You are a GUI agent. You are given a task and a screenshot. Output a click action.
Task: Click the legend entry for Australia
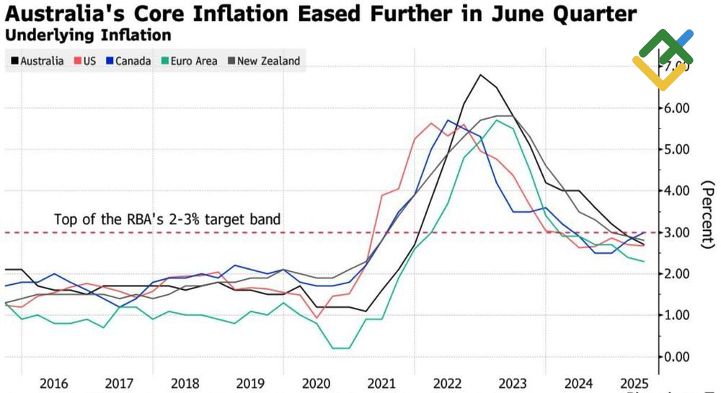click(x=37, y=61)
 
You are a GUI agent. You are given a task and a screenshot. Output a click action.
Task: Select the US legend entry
click(x=84, y=61)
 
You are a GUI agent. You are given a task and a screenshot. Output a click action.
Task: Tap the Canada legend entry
click(x=128, y=61)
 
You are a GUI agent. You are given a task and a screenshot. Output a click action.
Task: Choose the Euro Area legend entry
click(x=189, y=61)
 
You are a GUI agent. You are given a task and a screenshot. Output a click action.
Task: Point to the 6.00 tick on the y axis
click(x=677, y=108)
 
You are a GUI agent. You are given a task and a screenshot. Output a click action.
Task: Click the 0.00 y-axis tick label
click(x=677, y=357)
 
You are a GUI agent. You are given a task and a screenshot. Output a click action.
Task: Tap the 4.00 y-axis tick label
click(x=677, y=191)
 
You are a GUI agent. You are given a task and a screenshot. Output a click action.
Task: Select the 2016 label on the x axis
click(x=54, y=383)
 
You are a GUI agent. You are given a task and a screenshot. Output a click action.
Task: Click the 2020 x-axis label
click(x=317, y=383)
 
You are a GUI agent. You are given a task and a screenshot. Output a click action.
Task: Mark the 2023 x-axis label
click(x=513, y=383)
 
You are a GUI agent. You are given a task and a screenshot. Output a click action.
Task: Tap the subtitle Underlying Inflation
click(x=88, y=35)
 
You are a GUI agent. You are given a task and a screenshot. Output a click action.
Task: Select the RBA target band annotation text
click(x=167, y=219)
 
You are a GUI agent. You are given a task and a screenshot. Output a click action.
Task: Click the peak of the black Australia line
click(x=481, y=74)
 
